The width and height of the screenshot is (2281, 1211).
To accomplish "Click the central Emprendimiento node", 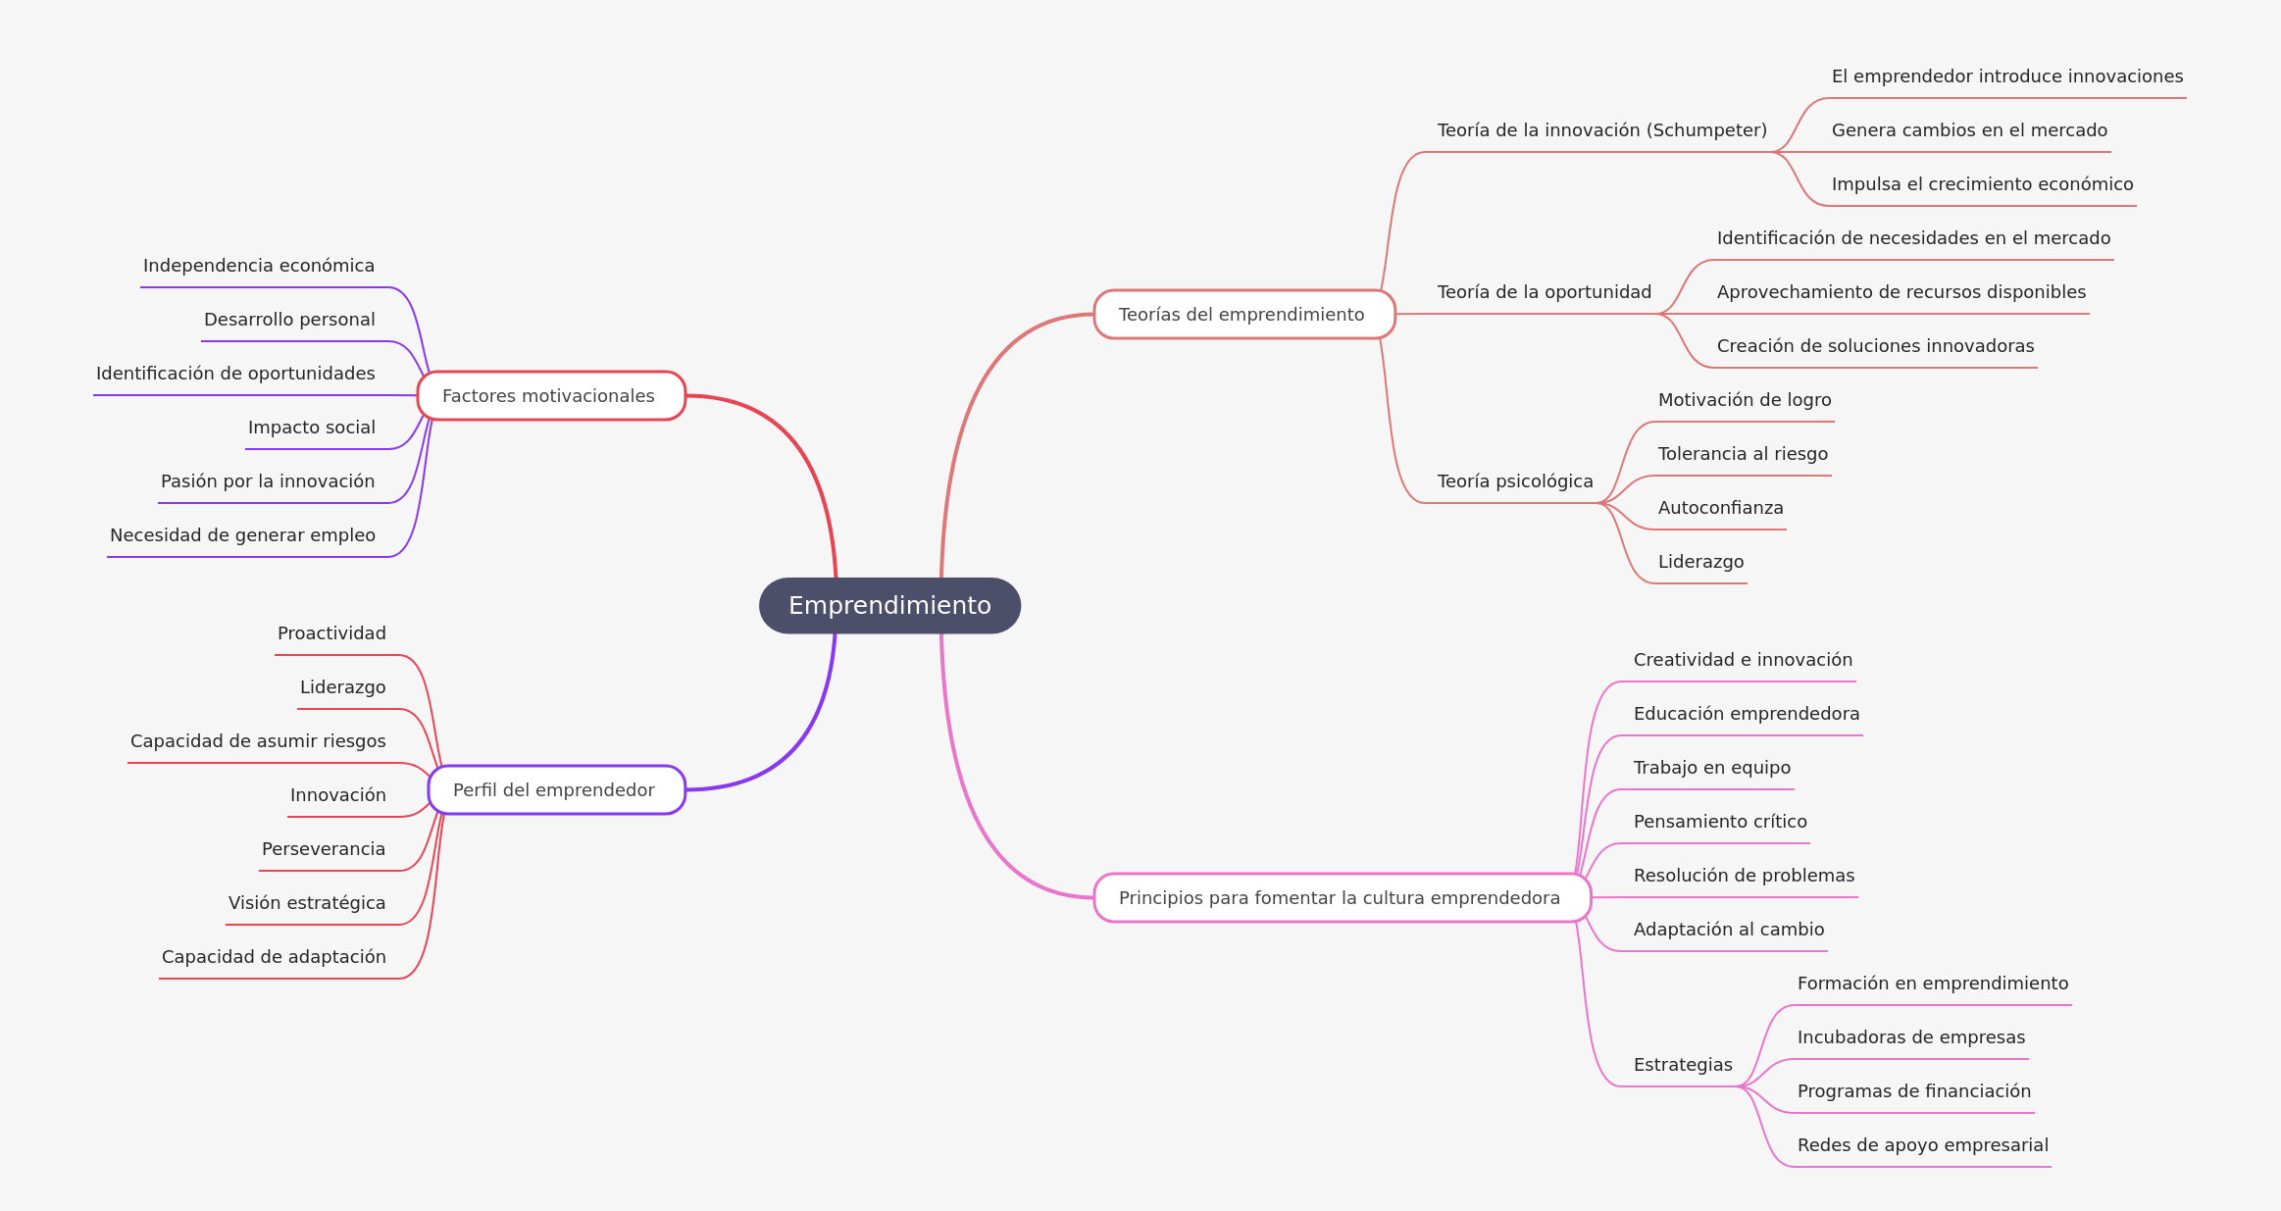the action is pyautogui.click(x=889, y=606).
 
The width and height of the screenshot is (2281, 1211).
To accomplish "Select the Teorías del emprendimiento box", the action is pyautogui.click(x=1243, y=315).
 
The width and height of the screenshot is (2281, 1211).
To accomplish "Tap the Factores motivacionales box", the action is pyautogui.click(x=551, y=396).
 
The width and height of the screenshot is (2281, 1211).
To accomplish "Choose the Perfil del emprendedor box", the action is pyautogui.click(x=556, y=790).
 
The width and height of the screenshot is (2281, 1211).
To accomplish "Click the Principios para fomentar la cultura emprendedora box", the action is pyautogui.click(x=1342, y=898).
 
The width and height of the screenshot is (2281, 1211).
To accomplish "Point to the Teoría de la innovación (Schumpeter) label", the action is pyautogui.click(x=1602, y=130).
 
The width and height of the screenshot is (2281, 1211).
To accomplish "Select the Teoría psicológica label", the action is pyautogui.click(x=1515, y=481).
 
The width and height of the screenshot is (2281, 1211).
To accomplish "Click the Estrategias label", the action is pyautogui.click(x=1683, y=1065).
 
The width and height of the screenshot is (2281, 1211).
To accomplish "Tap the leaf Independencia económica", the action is pyautogui.click(x=259, y=266).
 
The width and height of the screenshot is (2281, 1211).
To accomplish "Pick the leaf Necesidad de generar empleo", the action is pyautogui.click(x=242, y=535).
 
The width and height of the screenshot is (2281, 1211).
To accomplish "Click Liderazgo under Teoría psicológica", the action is pyautogui.click(x=1700, y=562).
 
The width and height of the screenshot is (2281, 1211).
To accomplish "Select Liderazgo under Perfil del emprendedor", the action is pyautogui.click(x=342, y=687).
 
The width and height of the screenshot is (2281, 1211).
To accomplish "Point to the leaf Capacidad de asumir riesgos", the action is pyautogui.click(x=258, y=741).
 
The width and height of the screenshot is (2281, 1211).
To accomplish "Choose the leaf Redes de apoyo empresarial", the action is pyautogui.click(x=1922, y=1145).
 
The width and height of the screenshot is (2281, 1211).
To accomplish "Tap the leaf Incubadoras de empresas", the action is pyautogui.click(x=1910, y=1037).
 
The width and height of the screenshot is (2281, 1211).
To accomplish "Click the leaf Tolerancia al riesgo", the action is pyautogui.click(x=1743, y=454).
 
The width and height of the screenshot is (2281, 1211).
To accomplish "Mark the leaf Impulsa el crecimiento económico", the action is pyautogui.click(x=1982, y=184).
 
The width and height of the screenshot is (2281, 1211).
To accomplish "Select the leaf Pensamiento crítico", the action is pyautogui.click(x=1720, y=822).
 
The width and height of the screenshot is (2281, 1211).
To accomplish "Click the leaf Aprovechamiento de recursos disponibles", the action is pyautogui.click(x=1901, y=292).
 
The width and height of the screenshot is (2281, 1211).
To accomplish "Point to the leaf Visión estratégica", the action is pyautogui.click(x=307, y=903).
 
